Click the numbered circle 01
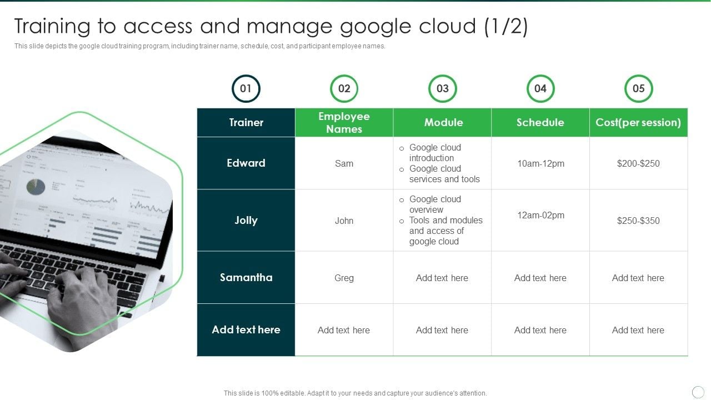tap(246, 89)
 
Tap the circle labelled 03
tap(442, 89)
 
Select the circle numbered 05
tap(638, 89)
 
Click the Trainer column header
tap(246, 123)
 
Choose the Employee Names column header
tap(344, 123)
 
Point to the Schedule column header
tap(540, 123)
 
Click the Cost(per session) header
tap(638, 123)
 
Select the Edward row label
tap(246, 163)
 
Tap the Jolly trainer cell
tap(246, 221)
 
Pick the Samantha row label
tap(246, 278)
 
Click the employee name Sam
tap(344, 163)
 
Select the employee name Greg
tap(344, 278)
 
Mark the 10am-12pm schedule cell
tap(540, 163)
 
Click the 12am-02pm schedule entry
tap(540, 216)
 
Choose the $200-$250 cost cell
tap(638, 163)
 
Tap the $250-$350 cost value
tap(638, 221)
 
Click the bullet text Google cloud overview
tap(435, 204)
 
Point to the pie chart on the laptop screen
tap(36, 187)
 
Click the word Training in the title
tap(52, 27)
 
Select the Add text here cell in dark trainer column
tap(246, 330)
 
